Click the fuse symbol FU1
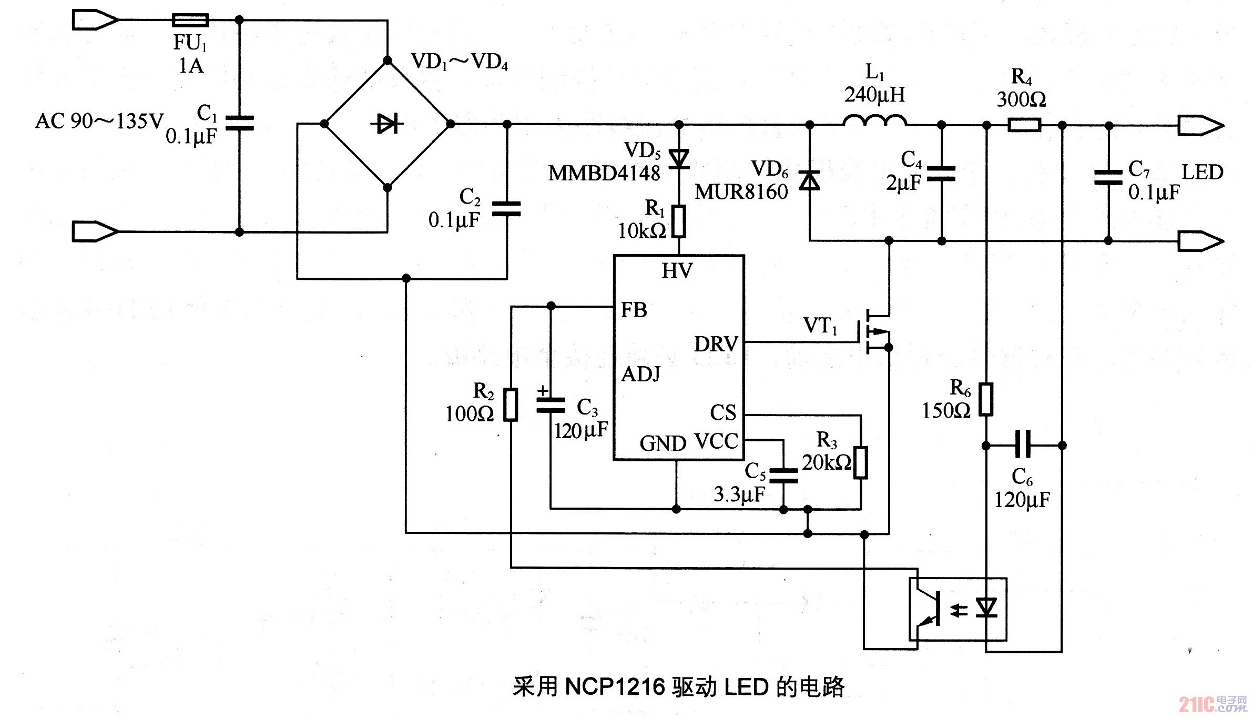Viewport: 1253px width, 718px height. click(190, 21)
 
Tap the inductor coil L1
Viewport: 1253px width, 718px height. click(875, 121)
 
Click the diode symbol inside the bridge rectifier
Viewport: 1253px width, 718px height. click(388, 124)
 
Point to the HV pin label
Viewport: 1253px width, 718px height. click(677, 271)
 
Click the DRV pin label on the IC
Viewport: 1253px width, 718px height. click(716, 344)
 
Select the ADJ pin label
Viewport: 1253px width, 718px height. click(641, 374)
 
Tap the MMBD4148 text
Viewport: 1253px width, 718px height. click(604, 173)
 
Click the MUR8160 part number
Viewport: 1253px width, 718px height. click(741, 192)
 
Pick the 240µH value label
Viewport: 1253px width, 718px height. click(874, 95)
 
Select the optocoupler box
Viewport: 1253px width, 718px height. click(958, 609)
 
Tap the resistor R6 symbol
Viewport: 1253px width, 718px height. click(986, 400)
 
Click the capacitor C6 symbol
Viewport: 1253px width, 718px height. click(1023, 445)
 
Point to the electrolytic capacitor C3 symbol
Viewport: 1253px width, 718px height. click(551, 406)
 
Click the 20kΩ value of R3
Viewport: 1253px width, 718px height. click(826, 462)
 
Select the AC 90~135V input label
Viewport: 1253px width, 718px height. click(99, 122)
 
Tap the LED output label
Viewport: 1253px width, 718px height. click(1202, 172)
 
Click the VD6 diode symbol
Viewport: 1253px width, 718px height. click(809, 180)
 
